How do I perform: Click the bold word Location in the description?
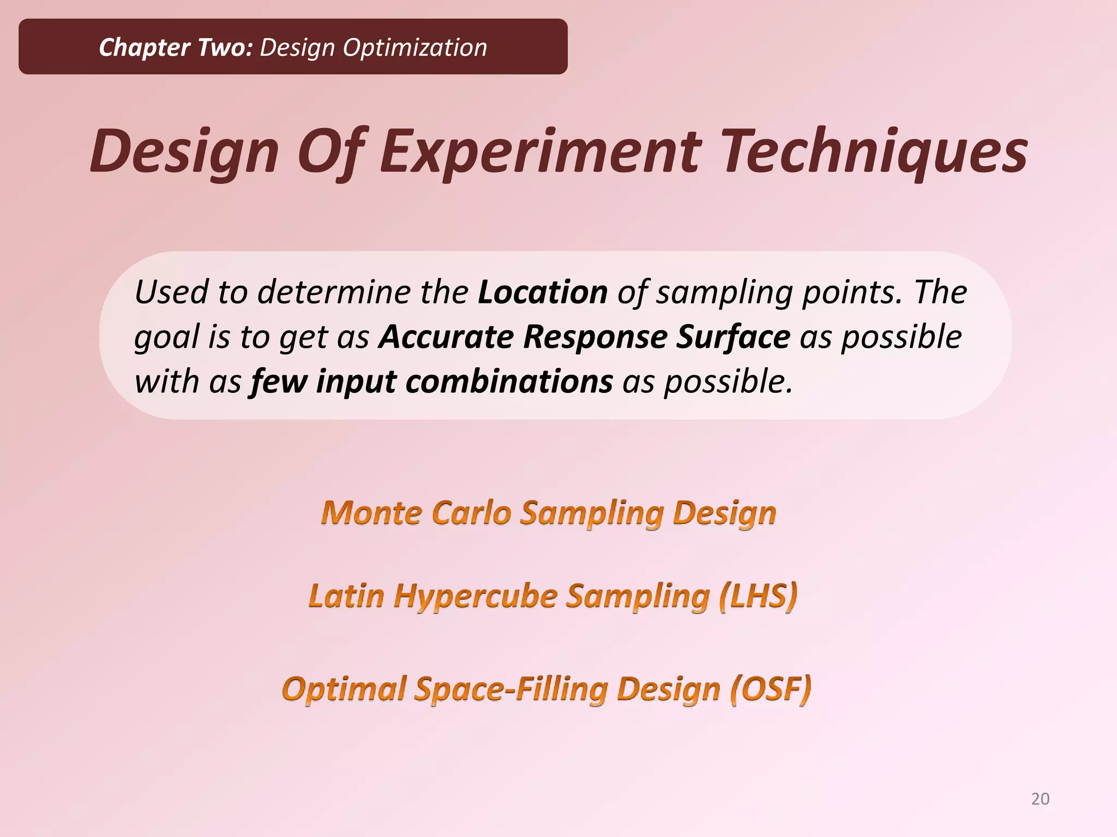click(543, 292)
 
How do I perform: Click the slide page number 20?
click(1040, 799)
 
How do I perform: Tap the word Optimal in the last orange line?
click(344, 689)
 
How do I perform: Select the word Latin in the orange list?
click(346, 596)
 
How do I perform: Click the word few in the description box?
click(278, 381)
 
